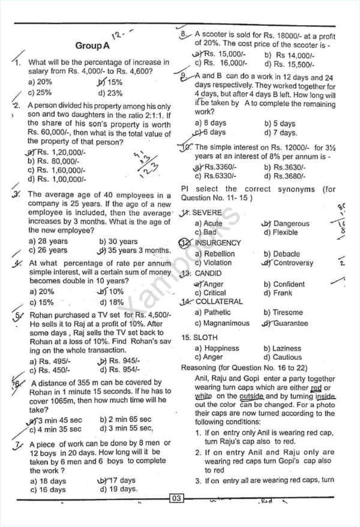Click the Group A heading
click(92, 46)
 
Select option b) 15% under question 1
click(110, 82)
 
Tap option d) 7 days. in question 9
click(280, 132)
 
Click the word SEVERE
click(208, 213)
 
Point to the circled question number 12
click(187, 243)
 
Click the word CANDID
click(209, 273)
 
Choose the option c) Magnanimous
click(222, 323)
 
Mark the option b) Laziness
click(282, 348)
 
